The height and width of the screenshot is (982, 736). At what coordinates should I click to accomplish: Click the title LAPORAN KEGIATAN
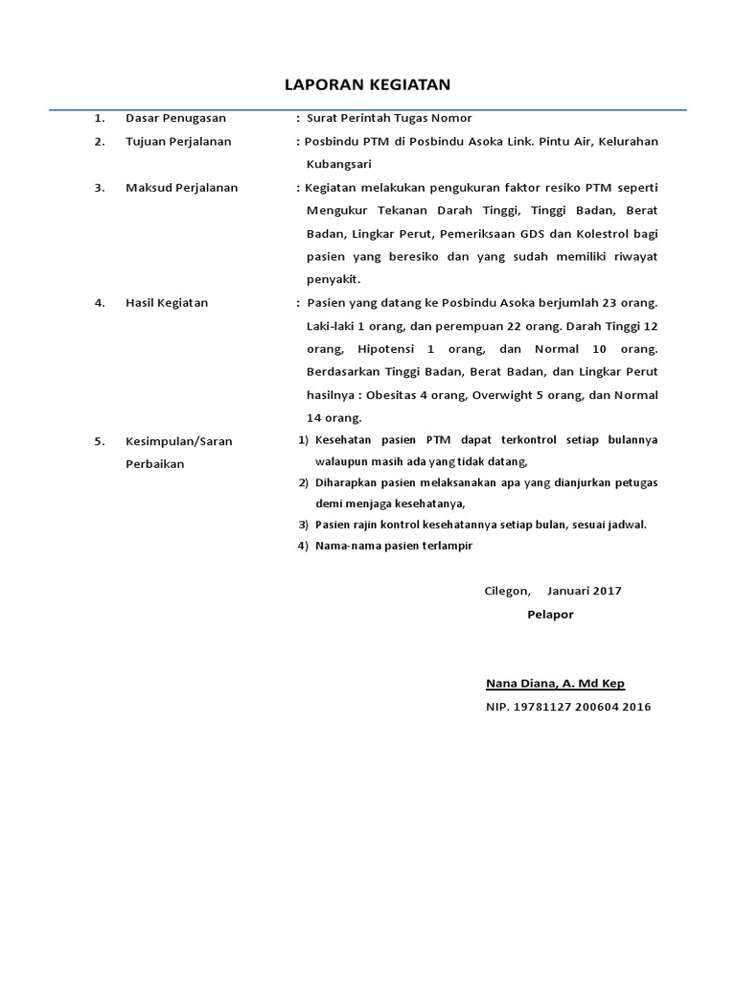(368, 85)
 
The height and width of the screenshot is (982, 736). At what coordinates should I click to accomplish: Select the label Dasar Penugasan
(175, 118)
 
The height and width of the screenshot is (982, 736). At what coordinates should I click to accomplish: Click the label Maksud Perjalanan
(181, 188)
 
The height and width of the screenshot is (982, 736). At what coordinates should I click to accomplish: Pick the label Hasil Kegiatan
(166, 303)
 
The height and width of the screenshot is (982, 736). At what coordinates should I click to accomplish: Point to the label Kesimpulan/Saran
(178, 442)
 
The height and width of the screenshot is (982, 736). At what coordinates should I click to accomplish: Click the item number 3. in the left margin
(100, 188)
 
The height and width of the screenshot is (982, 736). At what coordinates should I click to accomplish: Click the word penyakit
(333, 280)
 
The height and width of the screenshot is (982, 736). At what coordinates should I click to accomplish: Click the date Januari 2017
(584, 591)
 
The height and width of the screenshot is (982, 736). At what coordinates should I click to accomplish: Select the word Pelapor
(550, 615)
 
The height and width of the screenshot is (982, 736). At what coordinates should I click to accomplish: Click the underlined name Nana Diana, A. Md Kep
(555, 684)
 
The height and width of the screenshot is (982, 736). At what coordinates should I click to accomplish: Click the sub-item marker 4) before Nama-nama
(303, 546)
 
